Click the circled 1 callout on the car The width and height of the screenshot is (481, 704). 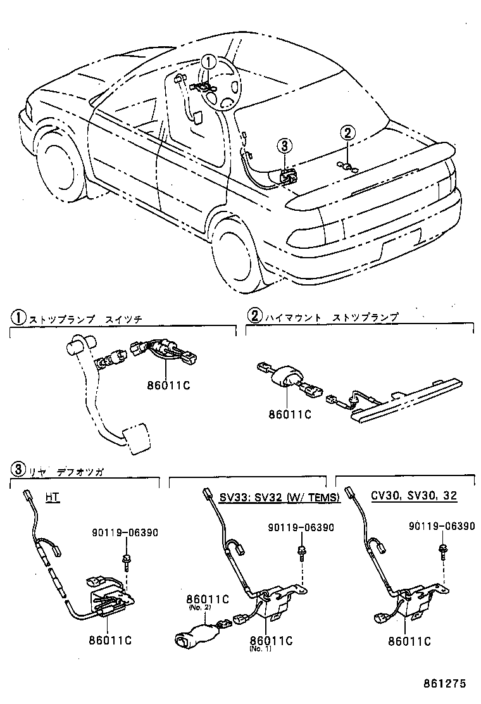(209, 62)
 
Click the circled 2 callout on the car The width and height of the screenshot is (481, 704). (347, 133)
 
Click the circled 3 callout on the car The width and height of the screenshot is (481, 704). (284, 146)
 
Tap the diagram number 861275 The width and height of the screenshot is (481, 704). (446, 684)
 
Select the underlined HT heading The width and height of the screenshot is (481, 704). (53, 497)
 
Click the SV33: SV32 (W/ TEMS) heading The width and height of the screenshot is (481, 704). (280, 497)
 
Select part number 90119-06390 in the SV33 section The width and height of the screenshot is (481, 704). (301, 527)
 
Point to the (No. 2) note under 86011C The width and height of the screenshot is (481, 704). (199, 607)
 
